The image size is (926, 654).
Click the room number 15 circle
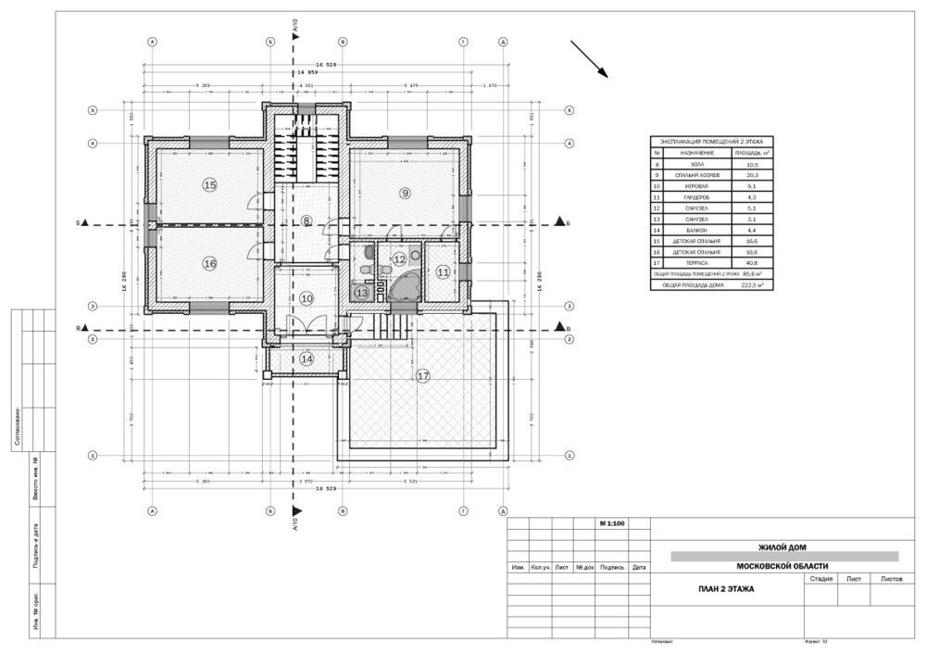209,185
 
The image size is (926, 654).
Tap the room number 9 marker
404,193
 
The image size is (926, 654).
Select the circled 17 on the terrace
423,376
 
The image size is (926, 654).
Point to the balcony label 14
306,358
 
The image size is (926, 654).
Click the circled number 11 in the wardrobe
444,272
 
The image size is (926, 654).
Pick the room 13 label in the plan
362,293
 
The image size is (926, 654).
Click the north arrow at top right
589,59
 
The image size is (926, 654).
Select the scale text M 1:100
612,524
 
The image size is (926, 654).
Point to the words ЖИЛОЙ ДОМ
782,547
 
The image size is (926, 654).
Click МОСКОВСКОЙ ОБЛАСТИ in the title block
782,566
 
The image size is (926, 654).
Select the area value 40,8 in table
748,262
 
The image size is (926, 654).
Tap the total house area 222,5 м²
750,286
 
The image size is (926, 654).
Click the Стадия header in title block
820,578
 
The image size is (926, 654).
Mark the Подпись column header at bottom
612,566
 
